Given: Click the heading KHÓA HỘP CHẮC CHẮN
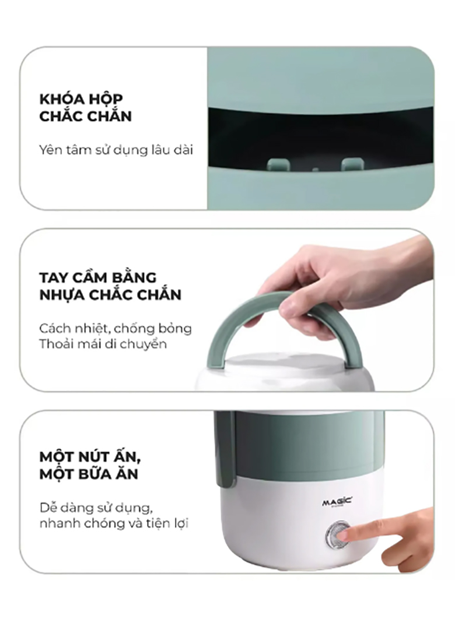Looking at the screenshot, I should [86, 107].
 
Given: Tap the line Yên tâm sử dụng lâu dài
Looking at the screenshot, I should [116, 150].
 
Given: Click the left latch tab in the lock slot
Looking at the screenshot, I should [279, 164].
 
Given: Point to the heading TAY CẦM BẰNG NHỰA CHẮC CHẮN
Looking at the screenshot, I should [110, 286].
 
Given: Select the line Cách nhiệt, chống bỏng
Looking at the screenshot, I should [116, 328].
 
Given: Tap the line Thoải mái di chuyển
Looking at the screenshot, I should [103, 344].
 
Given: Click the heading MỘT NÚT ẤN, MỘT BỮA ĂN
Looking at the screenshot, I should [89, 464].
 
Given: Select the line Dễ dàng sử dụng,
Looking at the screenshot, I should [96, 507].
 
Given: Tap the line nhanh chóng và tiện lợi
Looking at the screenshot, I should [114, 523].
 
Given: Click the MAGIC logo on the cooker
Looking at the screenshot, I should [337, 503].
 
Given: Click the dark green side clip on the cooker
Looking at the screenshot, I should [225, 449].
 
